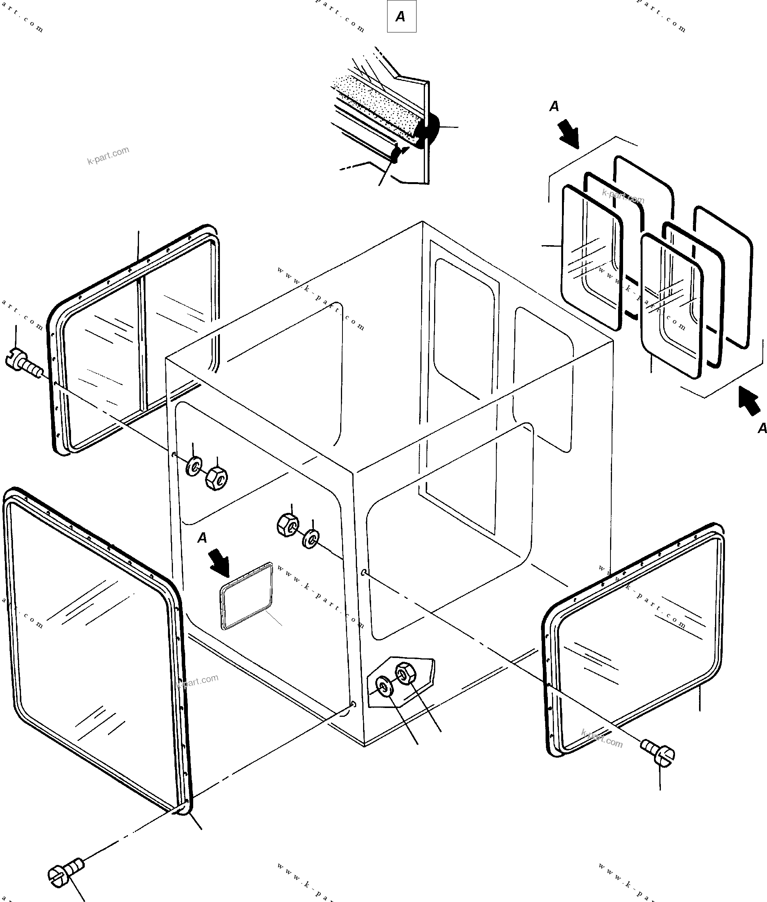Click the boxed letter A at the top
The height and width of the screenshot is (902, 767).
(401, 16)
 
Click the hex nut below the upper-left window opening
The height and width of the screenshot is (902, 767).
(216, 478)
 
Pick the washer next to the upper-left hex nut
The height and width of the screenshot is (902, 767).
(194, 467)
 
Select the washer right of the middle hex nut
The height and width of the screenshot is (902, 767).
(311, 538)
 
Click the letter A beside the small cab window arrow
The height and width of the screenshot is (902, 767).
(202, 538)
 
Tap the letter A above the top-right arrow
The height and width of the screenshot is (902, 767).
(554, 106)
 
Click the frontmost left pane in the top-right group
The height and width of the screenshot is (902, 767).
(591, 257)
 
